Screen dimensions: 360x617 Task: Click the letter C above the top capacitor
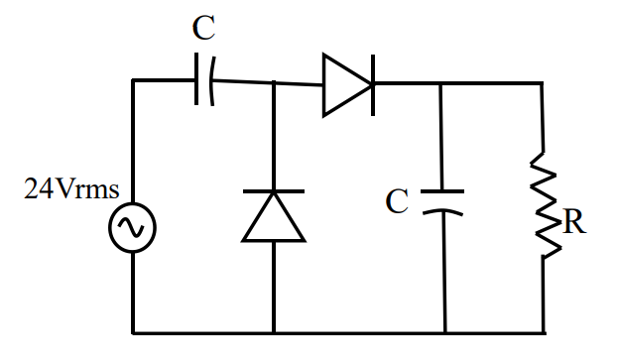[203, 29]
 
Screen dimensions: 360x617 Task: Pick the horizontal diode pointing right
[346, 83]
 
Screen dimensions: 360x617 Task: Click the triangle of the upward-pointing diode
[273, 218]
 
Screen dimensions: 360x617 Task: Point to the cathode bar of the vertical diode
[273, 191]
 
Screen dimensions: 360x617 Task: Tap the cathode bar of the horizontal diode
[372, 83]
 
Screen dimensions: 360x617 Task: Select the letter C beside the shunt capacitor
[398, 202]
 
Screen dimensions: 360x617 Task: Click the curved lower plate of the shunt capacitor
[443, 211]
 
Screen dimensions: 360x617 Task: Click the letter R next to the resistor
[573, 222]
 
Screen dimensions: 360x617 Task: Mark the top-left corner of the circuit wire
[133, 80]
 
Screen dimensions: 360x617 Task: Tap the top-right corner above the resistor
[543, 84]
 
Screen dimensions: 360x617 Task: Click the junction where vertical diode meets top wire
[273, 83]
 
